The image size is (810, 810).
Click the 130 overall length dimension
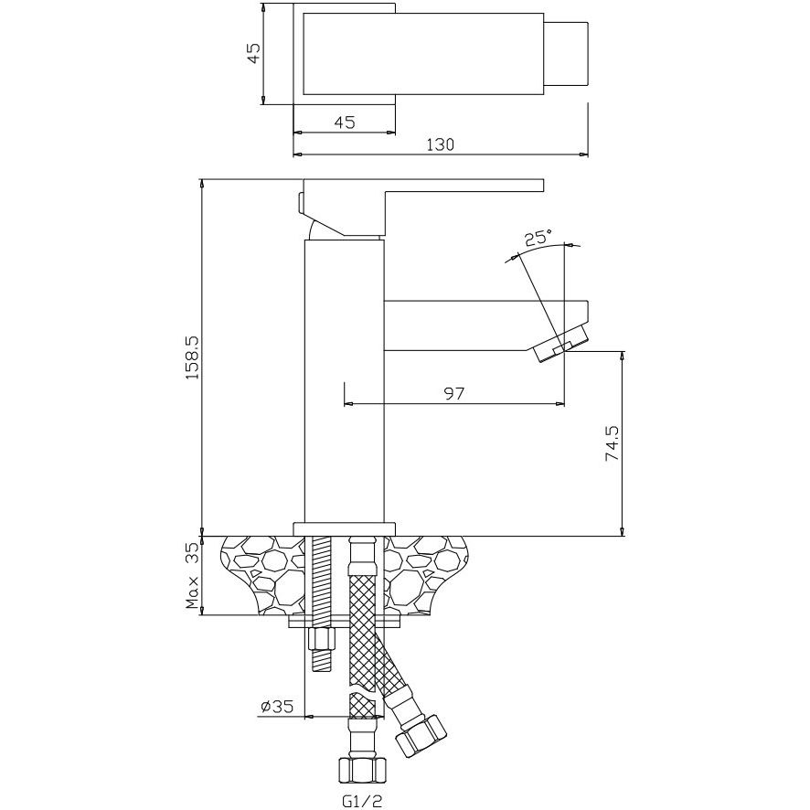pos(440,144)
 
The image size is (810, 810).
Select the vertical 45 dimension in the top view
pos(253,53)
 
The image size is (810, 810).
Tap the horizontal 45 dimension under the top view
pos(345,123)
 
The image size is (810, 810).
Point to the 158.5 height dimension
pos(192,357)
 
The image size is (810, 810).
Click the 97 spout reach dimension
pos(454,394)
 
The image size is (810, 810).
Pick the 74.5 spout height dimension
pos(613,443)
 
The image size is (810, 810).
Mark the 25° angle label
pos(538,238)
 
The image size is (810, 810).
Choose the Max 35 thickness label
pos(192,575)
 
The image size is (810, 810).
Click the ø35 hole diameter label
pos(277,706)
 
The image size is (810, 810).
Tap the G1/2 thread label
pos(362,801)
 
